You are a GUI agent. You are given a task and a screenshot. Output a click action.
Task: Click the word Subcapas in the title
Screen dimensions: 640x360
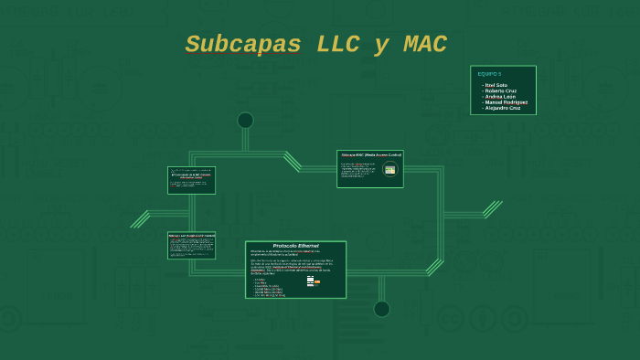(242, 45)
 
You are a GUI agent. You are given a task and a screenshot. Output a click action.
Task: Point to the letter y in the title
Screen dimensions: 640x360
(380, 47)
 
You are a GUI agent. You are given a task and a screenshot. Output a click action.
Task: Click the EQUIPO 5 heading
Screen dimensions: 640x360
(489, 74)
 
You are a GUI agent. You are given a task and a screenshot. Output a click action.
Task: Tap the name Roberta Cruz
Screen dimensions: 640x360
(500, 90)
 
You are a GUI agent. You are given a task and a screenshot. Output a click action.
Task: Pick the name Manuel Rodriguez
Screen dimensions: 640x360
(506, 102)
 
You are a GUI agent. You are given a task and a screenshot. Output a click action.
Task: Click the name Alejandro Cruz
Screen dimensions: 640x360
(502, 108)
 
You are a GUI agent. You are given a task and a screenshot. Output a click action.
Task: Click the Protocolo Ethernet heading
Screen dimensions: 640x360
(295, 247)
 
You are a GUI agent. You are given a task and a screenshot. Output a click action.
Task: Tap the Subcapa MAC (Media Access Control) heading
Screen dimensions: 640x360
(369, 155)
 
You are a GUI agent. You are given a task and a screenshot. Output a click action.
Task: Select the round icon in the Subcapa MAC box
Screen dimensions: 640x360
(390, 169)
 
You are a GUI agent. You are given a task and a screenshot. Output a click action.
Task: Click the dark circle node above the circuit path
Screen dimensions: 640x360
(245, 120)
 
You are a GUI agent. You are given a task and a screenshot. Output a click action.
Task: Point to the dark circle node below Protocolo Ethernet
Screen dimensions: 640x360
(381, 309)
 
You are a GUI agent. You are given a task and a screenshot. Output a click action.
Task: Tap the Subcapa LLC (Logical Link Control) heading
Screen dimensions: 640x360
(192, 236)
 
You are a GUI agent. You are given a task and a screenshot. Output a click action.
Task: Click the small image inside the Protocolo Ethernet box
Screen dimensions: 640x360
(312, 281)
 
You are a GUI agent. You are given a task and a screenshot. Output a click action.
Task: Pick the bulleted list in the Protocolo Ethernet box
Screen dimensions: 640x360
(270, 287)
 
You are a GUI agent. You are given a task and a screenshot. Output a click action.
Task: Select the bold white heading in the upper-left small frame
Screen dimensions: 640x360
(192, 175)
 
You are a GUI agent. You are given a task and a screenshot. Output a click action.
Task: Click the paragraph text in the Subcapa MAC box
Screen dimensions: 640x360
(358, 170)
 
